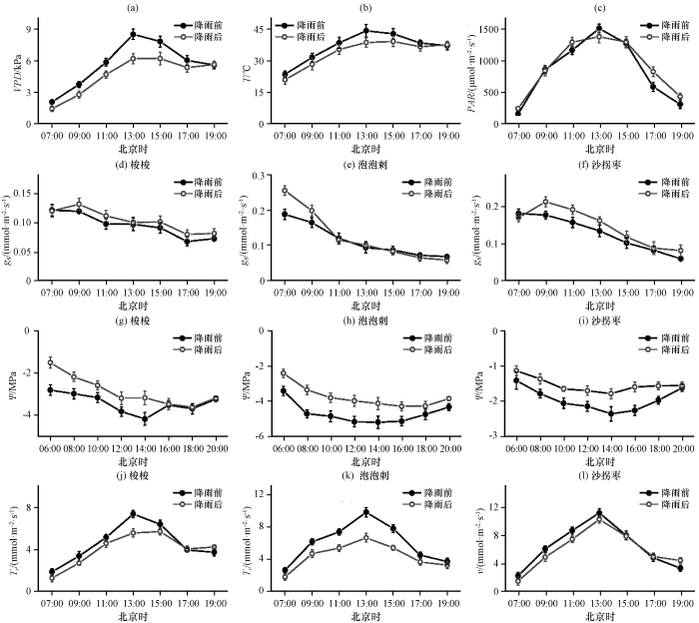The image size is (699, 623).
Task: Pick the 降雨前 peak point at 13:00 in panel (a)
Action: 133,34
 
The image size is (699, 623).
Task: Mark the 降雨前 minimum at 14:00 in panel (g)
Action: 145,419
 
